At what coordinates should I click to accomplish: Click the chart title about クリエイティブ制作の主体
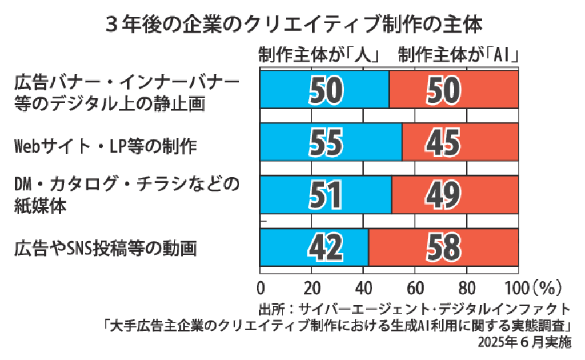point(292,24)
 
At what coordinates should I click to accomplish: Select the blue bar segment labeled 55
point(331,142)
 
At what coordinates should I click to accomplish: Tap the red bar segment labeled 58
point(443,247)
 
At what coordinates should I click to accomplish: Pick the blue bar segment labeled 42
point(314,247)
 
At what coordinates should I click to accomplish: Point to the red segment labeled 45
point(460,142)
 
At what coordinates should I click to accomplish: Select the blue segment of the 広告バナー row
point(324,89)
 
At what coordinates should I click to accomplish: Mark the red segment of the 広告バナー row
point(453,89)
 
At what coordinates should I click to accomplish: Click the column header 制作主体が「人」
point(319,56)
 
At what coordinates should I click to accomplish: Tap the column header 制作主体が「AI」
point(459,56)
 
